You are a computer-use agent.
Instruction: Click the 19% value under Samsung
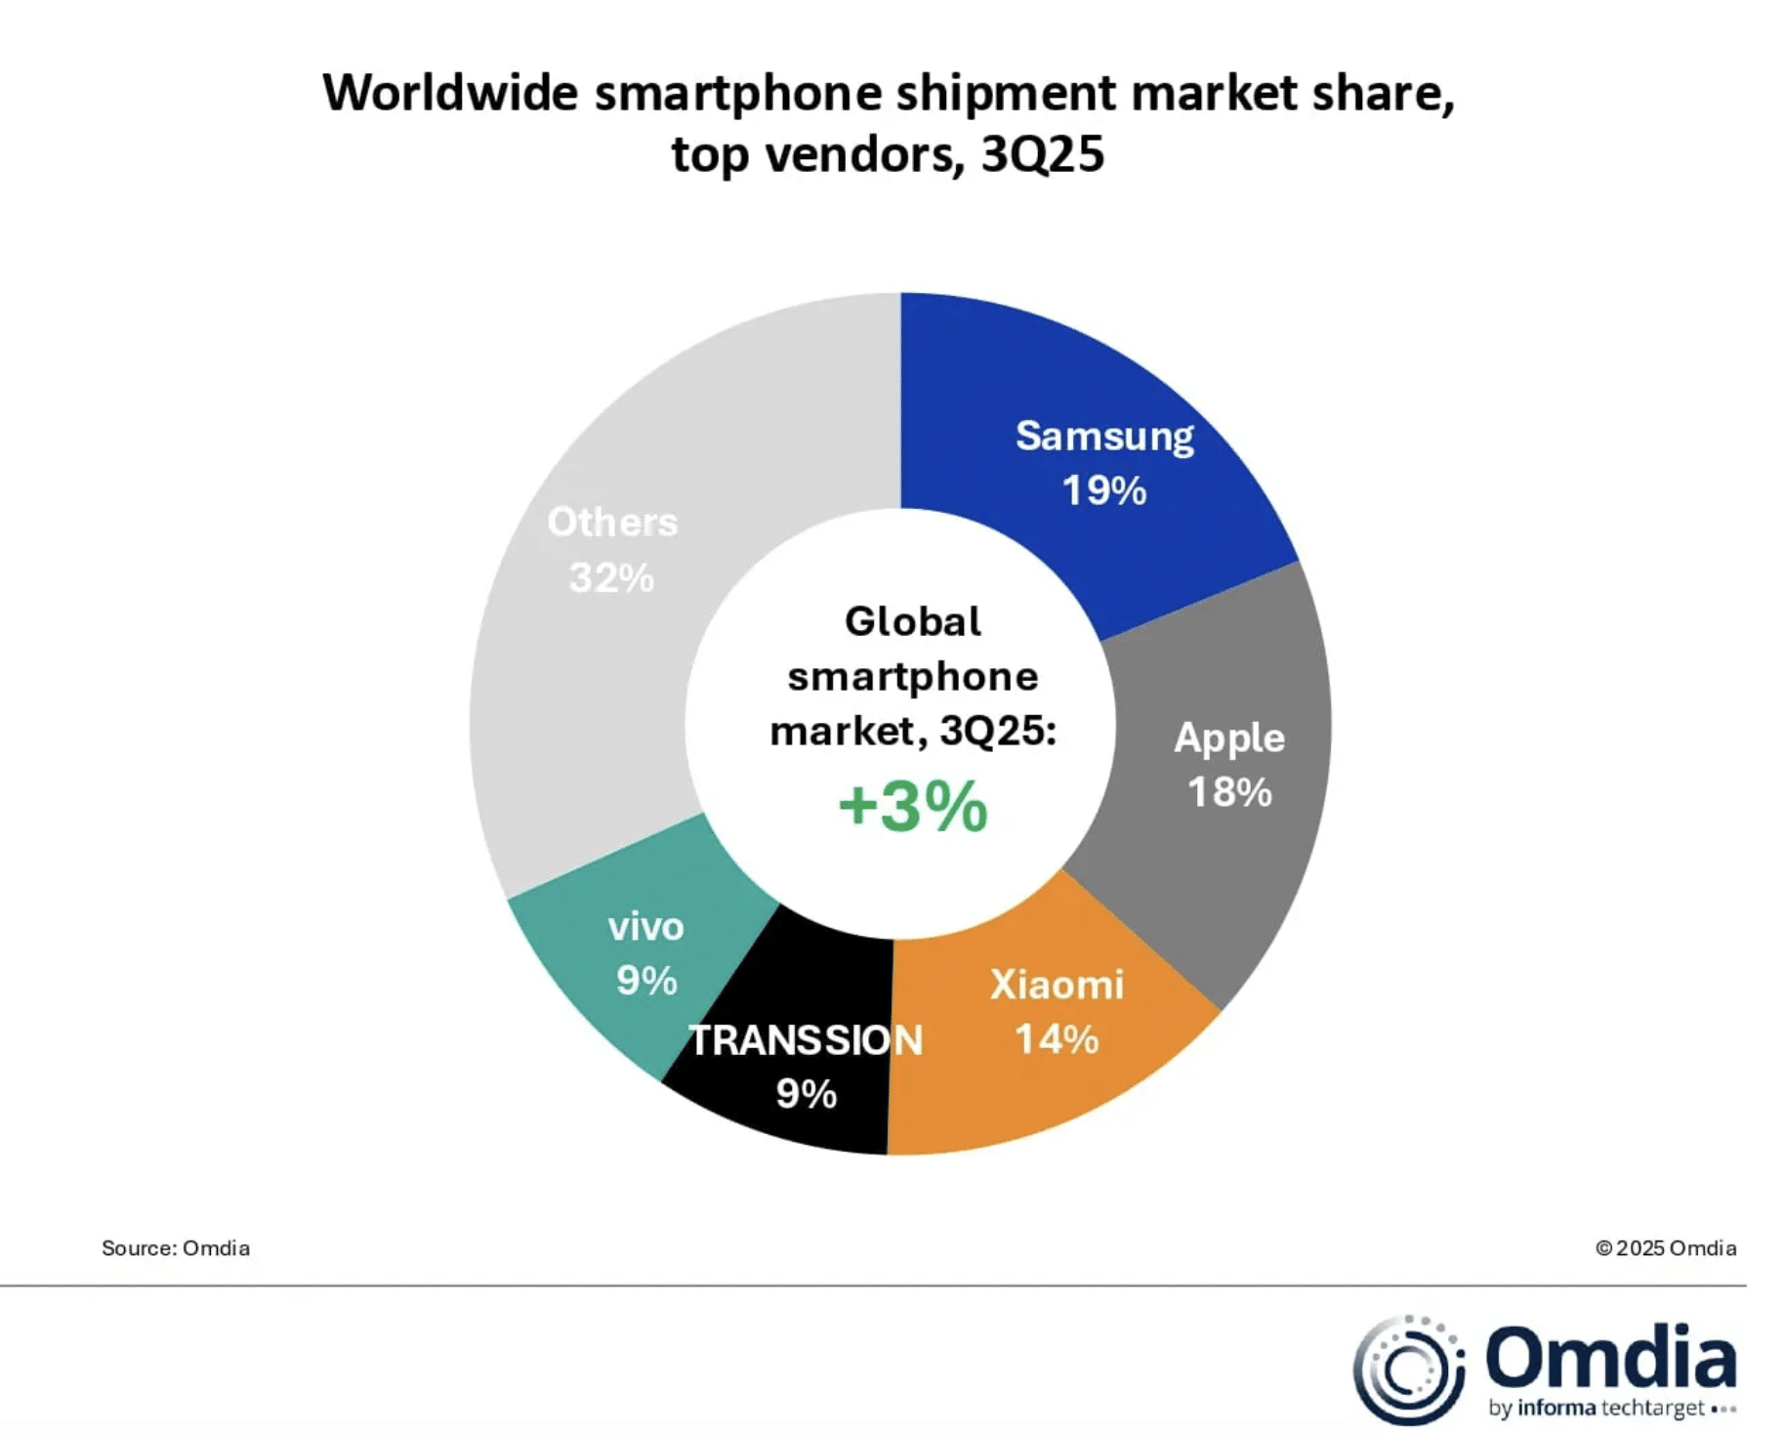pos(1103,490)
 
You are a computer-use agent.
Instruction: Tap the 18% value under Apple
pos(1228,792)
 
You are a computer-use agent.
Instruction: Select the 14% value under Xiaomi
pos(1057,1039)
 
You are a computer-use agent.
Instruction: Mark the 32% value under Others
pos(611,577)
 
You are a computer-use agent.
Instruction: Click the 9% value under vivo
pos(646,981)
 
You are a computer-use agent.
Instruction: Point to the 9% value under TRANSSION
pos(806,1094)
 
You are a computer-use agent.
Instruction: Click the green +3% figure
pos(913,807)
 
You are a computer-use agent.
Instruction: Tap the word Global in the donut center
pos(913,621)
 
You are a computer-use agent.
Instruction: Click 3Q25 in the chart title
pos(1042,154)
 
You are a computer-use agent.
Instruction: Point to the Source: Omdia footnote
pos(176,1247)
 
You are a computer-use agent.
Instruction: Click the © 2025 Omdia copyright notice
pos(1665,1247)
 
